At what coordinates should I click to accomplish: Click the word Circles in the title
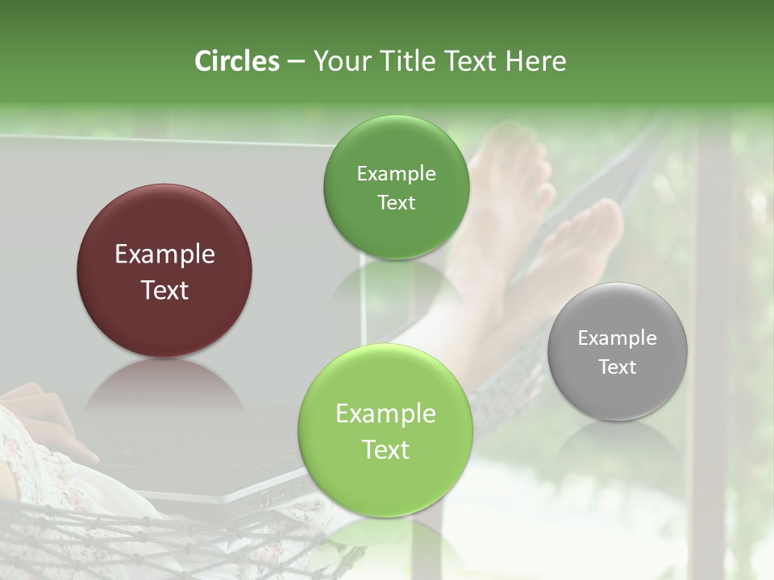click(236, 61)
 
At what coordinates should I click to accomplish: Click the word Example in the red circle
click(164, 255)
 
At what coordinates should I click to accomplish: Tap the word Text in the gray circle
click(618, 367)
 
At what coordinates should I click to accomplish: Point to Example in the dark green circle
click(396, 174)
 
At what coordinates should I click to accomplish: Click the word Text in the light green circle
click(385, 449)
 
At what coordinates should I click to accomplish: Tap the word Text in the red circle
click(164, 290)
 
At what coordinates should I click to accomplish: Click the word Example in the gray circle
click(618, 338)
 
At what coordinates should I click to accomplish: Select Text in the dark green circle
click(396, 203)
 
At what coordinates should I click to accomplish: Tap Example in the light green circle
click(385, 414)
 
